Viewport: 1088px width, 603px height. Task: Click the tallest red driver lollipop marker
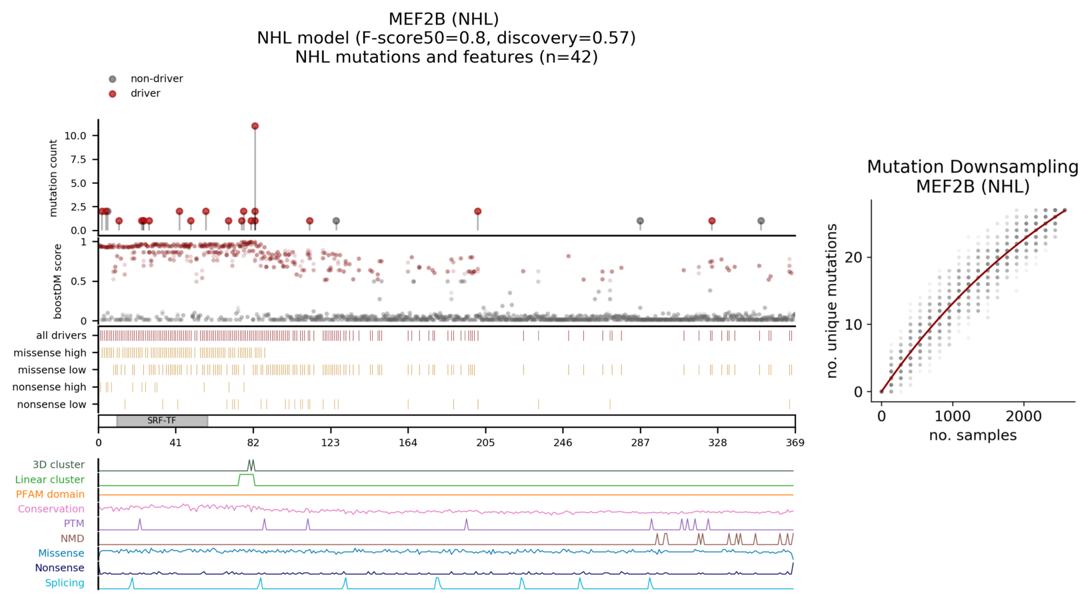click(x=255, y=126)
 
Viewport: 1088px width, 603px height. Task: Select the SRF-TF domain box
click(x=162, y=421)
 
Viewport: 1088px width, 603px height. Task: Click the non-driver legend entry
click(x=156, y=79)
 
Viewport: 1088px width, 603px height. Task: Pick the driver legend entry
click(x=145, y=93)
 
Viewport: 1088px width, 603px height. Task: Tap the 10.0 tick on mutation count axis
click(x=75, y=136)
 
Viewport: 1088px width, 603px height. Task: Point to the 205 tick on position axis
click(x=485, y=442)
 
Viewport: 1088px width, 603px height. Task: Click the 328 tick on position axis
click(x=717, y=442)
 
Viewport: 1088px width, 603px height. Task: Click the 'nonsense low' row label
click(x=51, y=404)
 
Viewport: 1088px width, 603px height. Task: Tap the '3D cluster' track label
click(x=59, y=464)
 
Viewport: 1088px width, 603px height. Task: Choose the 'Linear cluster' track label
click(x=50, y=479)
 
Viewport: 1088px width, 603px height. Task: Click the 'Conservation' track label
click(x=51, y=509)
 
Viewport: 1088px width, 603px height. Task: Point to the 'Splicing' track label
click(x=65, y=583)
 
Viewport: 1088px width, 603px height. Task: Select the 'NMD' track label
click(x=73, y=538)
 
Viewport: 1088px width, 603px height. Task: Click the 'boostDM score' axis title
click(x=58, y=281)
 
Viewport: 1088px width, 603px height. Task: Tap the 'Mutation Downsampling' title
click(x=972, y=167)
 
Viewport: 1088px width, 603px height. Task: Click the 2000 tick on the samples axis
click(x=1023, y=416)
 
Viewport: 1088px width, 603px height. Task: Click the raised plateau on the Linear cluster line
click(x=247, y=476)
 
